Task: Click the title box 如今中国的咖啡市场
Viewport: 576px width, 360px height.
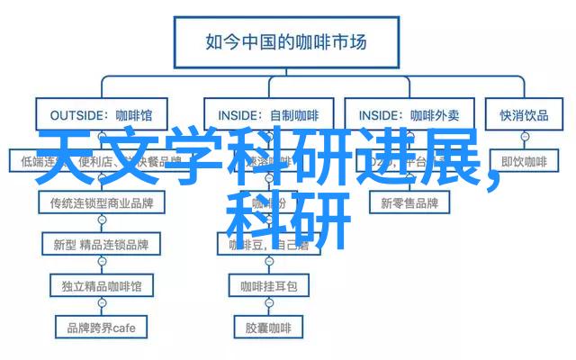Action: pyautogui.click(x=287, y=41)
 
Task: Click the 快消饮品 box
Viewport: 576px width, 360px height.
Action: pyautogui.click(x=524, y=114)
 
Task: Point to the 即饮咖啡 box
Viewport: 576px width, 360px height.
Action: pyautogui.click(x=524, y=161)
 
